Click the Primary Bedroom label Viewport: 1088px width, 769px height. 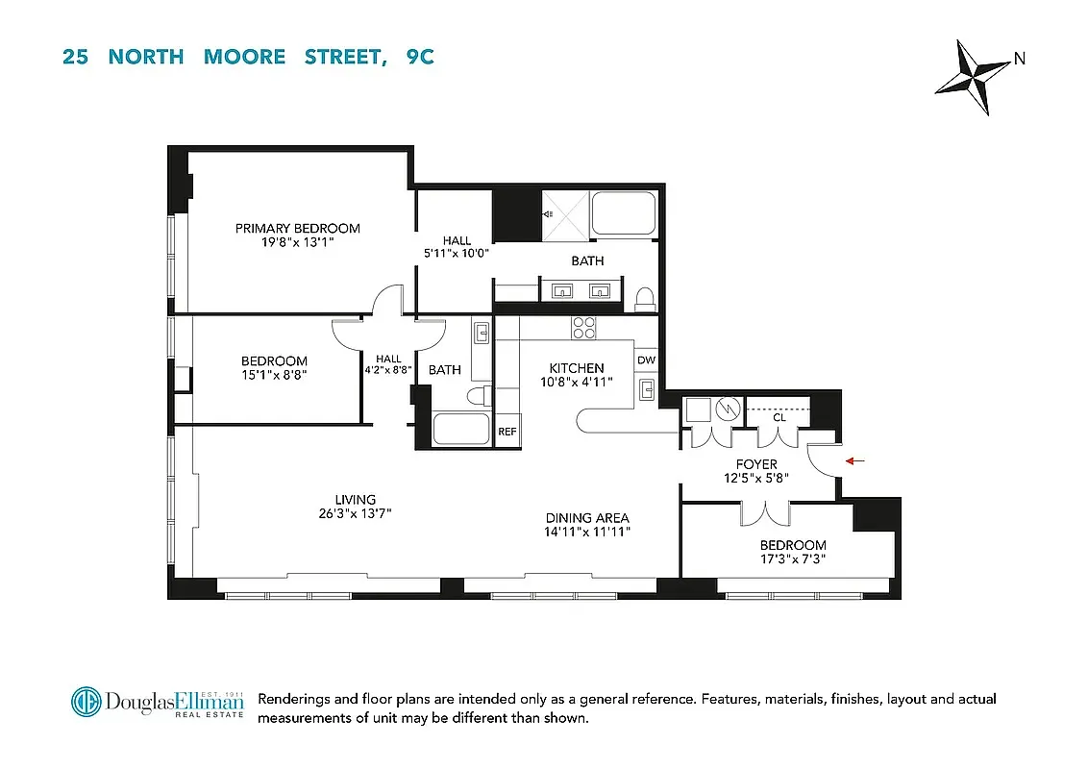point(298,228)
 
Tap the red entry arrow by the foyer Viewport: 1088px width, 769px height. point(854,461)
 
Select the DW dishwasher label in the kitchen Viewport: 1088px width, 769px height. point(646,360)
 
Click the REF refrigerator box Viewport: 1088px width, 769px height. point(507,433)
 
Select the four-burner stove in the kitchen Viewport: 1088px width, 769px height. point(583,328)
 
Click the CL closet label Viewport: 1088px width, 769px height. point(779,417)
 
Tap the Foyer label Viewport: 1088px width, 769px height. point(755,464)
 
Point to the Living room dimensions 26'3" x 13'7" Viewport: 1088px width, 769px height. point(355,513)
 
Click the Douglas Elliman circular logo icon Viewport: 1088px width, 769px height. point(87,702)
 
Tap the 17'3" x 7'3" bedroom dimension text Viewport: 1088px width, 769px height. point(793,558)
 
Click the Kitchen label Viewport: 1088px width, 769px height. point(577,368)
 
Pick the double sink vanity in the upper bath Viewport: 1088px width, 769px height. point(581,290)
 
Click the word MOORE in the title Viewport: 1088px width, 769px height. point(244,57)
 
